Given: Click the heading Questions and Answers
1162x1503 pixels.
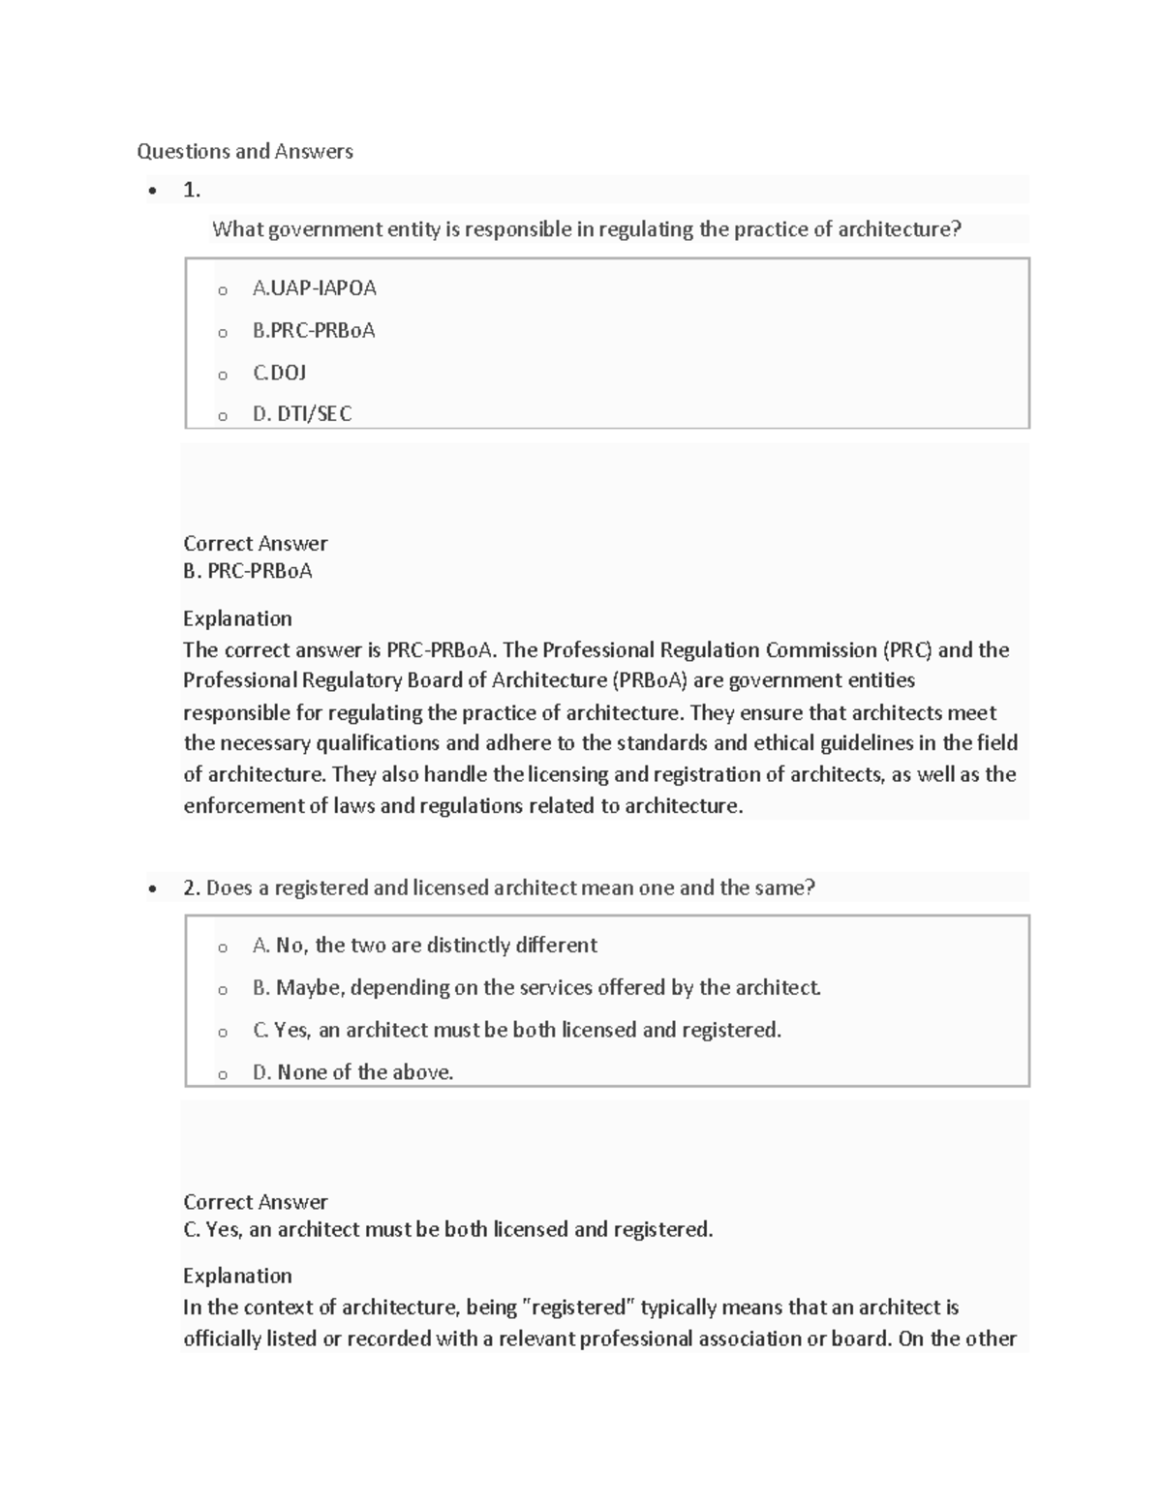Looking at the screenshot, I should click(244, 151).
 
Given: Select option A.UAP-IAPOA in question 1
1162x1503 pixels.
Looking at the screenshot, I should click(314, 287).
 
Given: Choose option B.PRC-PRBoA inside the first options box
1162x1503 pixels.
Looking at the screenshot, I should click(313, 330).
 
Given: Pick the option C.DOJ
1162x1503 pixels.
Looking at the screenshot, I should click(279, 373).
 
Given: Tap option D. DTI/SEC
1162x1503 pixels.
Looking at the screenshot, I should click(301, 414).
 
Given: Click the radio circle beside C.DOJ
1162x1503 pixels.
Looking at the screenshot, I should click(223, 375).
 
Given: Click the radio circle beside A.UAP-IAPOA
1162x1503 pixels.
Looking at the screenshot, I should click(223, 290).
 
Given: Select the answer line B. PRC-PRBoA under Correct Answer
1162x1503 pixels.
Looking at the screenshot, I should click(248, 571).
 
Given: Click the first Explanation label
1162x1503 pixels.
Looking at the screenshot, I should click(237, 618).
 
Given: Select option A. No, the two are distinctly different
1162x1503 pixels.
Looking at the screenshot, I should click(424, 946).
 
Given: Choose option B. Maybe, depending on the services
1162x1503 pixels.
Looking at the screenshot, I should click(535, 987).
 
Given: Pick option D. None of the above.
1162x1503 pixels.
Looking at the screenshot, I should click(352, 1072).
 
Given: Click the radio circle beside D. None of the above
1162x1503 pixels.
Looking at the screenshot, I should click(223, 1074).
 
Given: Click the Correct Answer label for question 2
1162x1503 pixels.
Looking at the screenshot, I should click(256, 1202).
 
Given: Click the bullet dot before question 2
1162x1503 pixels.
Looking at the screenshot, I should click(152, 888).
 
